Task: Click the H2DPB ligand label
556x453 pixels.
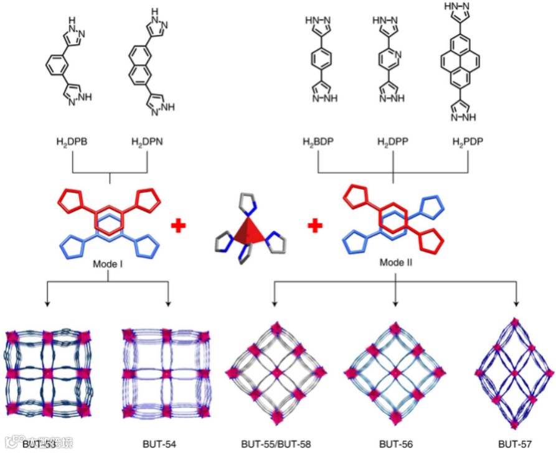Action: pos(73,142)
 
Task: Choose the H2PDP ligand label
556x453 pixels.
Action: pos(467,142)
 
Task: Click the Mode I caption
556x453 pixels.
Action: pos(110,264)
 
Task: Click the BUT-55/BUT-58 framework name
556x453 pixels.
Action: pos(276,444)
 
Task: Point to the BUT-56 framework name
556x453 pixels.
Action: pos(396,444)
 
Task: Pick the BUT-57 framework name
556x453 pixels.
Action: pos(514,444)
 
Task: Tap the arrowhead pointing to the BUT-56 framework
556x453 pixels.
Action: pos(396,303)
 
